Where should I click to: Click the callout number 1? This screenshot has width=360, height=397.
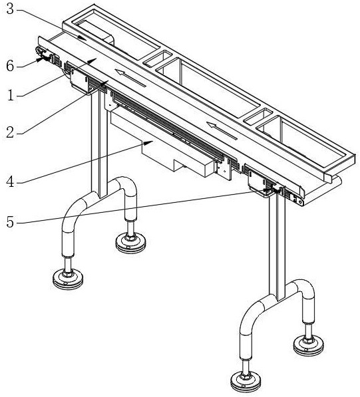11,96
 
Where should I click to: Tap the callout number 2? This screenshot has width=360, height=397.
10,132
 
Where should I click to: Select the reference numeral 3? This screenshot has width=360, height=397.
10,9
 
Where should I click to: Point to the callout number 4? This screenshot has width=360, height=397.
10,182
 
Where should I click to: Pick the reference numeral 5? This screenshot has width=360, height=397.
10,222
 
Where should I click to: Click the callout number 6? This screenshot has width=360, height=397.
10,66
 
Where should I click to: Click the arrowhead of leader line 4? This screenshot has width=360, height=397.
150,142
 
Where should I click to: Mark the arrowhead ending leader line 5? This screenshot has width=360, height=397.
270,190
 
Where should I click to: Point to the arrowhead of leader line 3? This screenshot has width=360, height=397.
83,38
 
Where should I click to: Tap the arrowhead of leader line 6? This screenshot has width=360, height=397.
40,60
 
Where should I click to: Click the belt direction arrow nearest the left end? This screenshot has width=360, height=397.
130,78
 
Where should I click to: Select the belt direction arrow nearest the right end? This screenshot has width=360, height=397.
222,130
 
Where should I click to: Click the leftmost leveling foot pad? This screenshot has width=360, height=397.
68,279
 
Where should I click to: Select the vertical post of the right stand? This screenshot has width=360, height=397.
277,245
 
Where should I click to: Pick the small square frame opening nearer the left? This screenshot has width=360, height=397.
158,59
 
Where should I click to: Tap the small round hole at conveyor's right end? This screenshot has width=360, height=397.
301,202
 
